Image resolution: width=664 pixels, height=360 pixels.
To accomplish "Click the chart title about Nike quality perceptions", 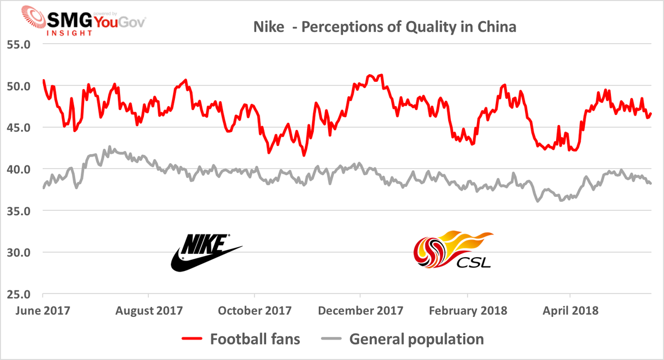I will [x=385, y=27].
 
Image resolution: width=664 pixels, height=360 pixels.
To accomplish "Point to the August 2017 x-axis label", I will [x=149, y=310].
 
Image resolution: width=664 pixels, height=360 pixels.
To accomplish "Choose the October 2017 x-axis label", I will [x=255, y=310].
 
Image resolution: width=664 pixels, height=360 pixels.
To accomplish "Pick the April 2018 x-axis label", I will [x=570, y=310].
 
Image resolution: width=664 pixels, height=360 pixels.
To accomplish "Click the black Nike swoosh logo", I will [x=205, y=253].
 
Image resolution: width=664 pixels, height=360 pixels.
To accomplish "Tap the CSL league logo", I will [x=452, y=250].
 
